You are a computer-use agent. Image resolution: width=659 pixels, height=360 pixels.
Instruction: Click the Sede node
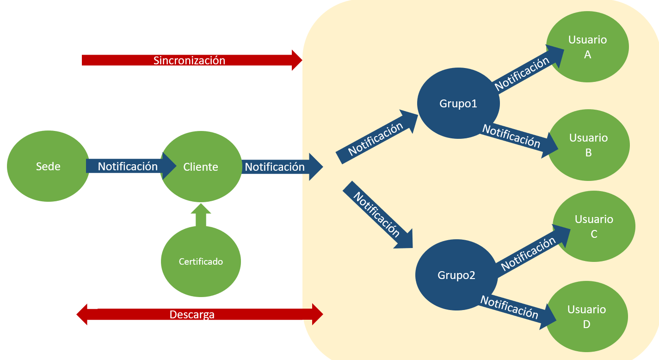(x=48, y=167)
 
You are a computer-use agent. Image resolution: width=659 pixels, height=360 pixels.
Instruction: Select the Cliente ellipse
(x=201, y=167)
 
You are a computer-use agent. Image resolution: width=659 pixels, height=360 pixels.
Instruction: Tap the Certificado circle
(x=201, y=261)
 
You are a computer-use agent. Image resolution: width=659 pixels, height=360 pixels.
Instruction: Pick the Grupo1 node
(x=458, y=104)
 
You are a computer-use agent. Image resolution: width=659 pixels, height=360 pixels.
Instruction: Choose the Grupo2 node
(x=456, y=275)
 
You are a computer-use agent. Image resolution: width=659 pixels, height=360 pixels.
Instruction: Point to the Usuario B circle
(x=588, y=145)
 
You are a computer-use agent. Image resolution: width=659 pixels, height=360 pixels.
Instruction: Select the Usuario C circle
(x=594, y=227)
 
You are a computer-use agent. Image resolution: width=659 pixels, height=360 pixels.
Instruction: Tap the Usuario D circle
(x=586, y=317)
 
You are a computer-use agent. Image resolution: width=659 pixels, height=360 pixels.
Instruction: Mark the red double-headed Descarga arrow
(x=199, y=315)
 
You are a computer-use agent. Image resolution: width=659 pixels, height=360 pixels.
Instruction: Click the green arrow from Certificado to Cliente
(x=200, y=216)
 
